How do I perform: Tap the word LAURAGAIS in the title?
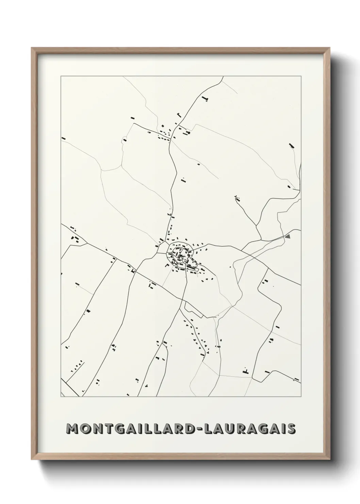tap(249, 429)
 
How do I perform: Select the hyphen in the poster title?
tap(199, 429)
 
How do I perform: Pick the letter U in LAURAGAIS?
tap(230, 429)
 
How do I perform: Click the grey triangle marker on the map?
tap(288, 236)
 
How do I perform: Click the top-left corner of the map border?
tap(61, 76)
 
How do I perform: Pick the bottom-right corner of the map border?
tap(301, 397)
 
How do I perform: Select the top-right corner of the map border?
tap(301, 76)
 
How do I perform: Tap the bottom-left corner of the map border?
tap(61, 397)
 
